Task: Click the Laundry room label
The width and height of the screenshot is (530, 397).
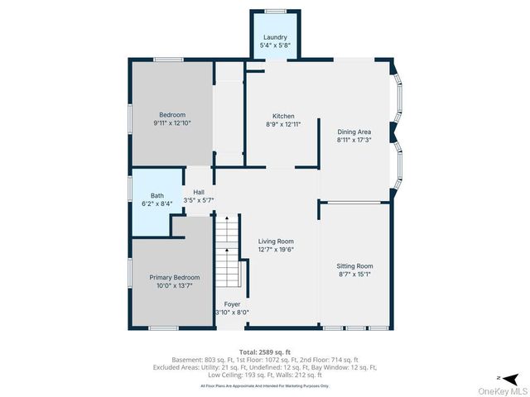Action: tap(275, 37)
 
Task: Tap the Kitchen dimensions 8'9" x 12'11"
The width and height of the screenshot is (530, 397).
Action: tap(284, 124)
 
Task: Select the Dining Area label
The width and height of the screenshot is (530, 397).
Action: tap(354, 132)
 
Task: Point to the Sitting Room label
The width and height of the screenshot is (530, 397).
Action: tap(355, 265)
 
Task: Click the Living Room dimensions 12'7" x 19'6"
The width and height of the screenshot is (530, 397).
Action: tap(276, 249)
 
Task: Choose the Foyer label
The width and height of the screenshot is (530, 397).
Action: tap(232, 304)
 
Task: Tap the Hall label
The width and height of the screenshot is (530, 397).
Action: tap(199, 191)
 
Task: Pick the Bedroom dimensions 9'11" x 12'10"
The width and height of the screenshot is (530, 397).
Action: tap(172, 122)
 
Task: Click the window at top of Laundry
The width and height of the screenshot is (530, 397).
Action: tap(275, 11)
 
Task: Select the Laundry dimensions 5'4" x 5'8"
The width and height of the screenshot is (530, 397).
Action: tap(275, 45)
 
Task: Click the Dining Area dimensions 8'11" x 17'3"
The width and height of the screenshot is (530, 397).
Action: tap(354, 140)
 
